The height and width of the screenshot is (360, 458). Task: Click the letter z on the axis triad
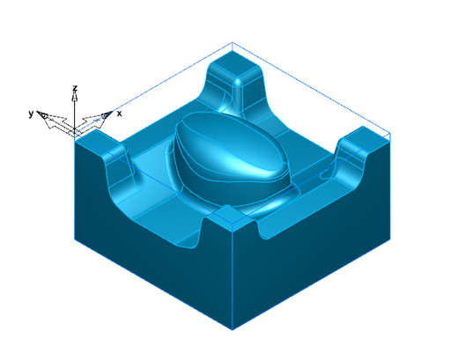coord(76,89)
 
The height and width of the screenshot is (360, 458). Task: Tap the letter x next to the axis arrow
coord(119,114)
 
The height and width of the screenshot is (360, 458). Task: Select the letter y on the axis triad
coord(31,114)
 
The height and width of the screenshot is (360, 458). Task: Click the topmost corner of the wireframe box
coord(231,42)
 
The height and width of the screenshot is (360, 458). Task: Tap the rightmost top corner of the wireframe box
coord(390,135)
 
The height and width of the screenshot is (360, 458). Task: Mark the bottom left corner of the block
coord(74,239)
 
